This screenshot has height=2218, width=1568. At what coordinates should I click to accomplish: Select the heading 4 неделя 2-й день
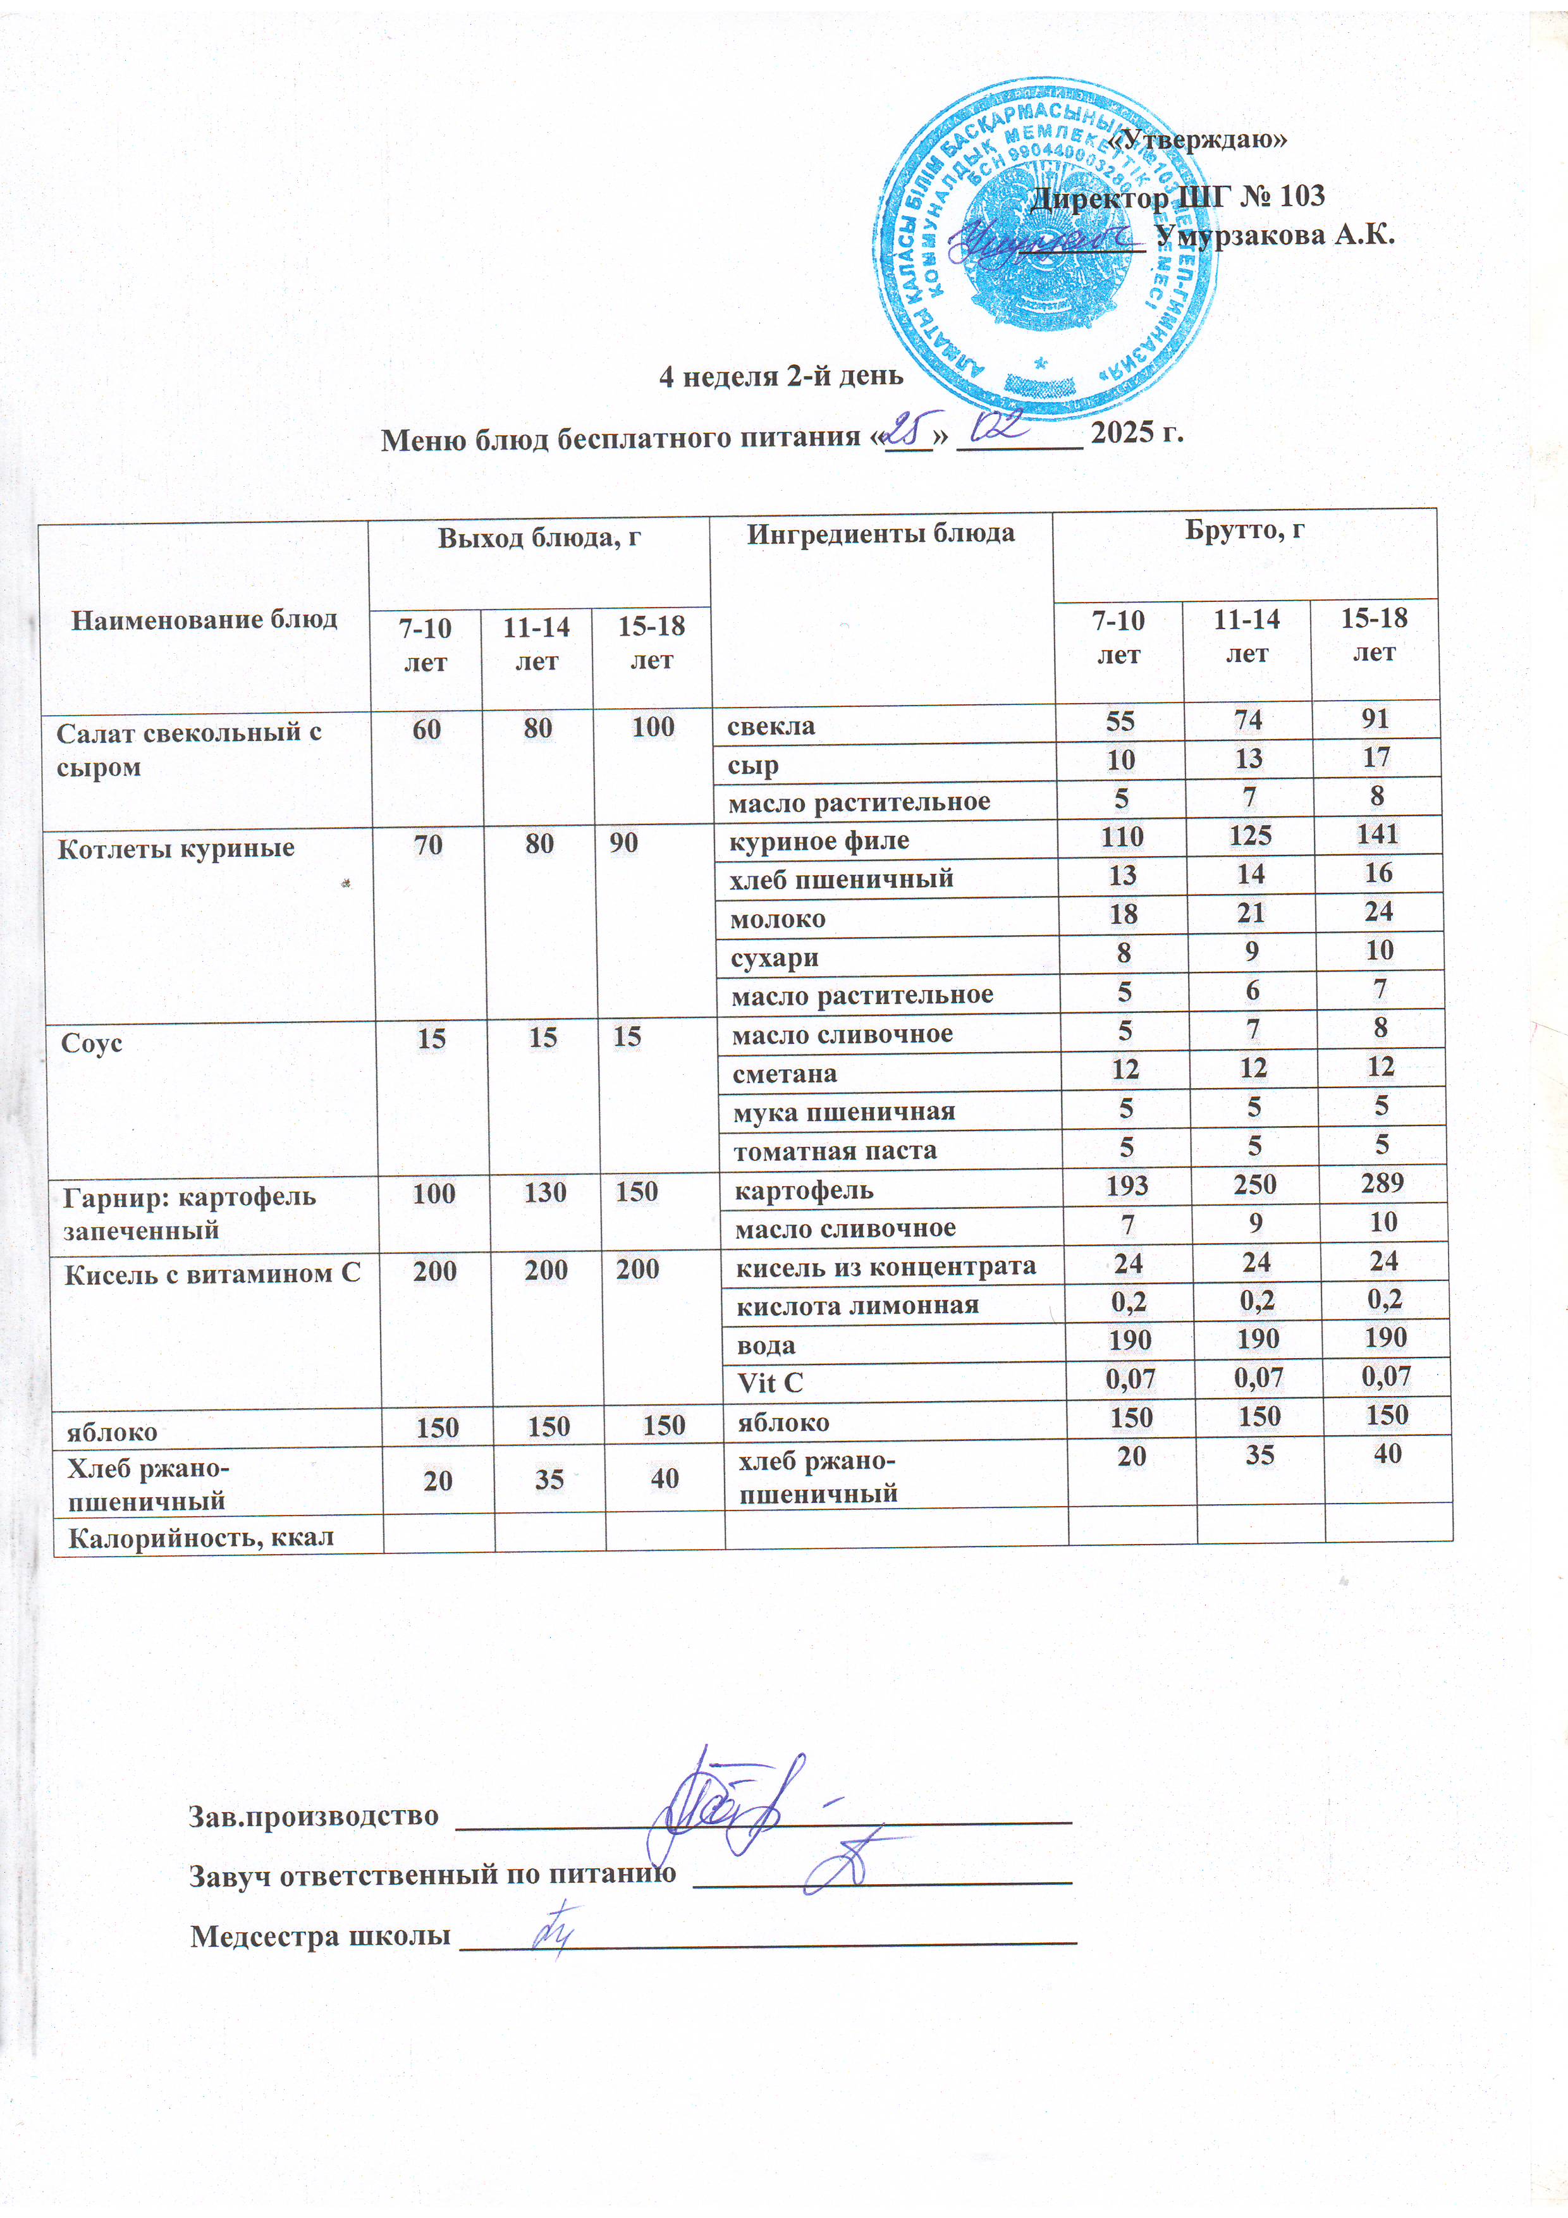click(781, 376)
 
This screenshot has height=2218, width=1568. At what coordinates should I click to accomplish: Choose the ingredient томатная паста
click(835, 1151)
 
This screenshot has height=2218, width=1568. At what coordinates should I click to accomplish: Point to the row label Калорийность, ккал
click(201, 1537)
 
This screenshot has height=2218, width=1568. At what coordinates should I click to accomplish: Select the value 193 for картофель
click(1127, 1186)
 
